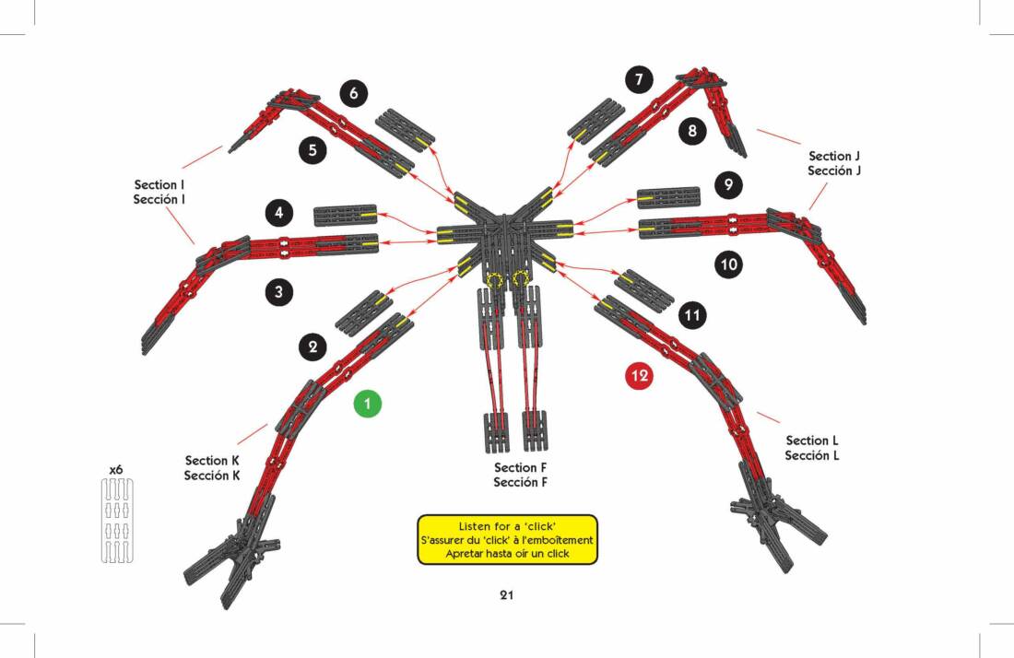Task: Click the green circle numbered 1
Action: (367, 403)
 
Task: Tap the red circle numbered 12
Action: (639, 376)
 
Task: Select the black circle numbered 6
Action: (354, 93)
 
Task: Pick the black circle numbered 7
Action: (639, 80)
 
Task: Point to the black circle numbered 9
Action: (728, 185)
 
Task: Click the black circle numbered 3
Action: (279, 293)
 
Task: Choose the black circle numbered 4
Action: (279, 214)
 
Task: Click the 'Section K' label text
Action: (212, 461)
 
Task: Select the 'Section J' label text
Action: (840, 157)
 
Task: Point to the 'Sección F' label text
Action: (520, 483)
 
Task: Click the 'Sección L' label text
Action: (811, 455)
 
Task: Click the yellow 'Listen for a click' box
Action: (507, 539)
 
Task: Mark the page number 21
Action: (506, 595)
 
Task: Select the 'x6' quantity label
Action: (116, 469)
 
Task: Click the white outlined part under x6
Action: (116, 520)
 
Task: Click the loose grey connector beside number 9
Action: (668, 197)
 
